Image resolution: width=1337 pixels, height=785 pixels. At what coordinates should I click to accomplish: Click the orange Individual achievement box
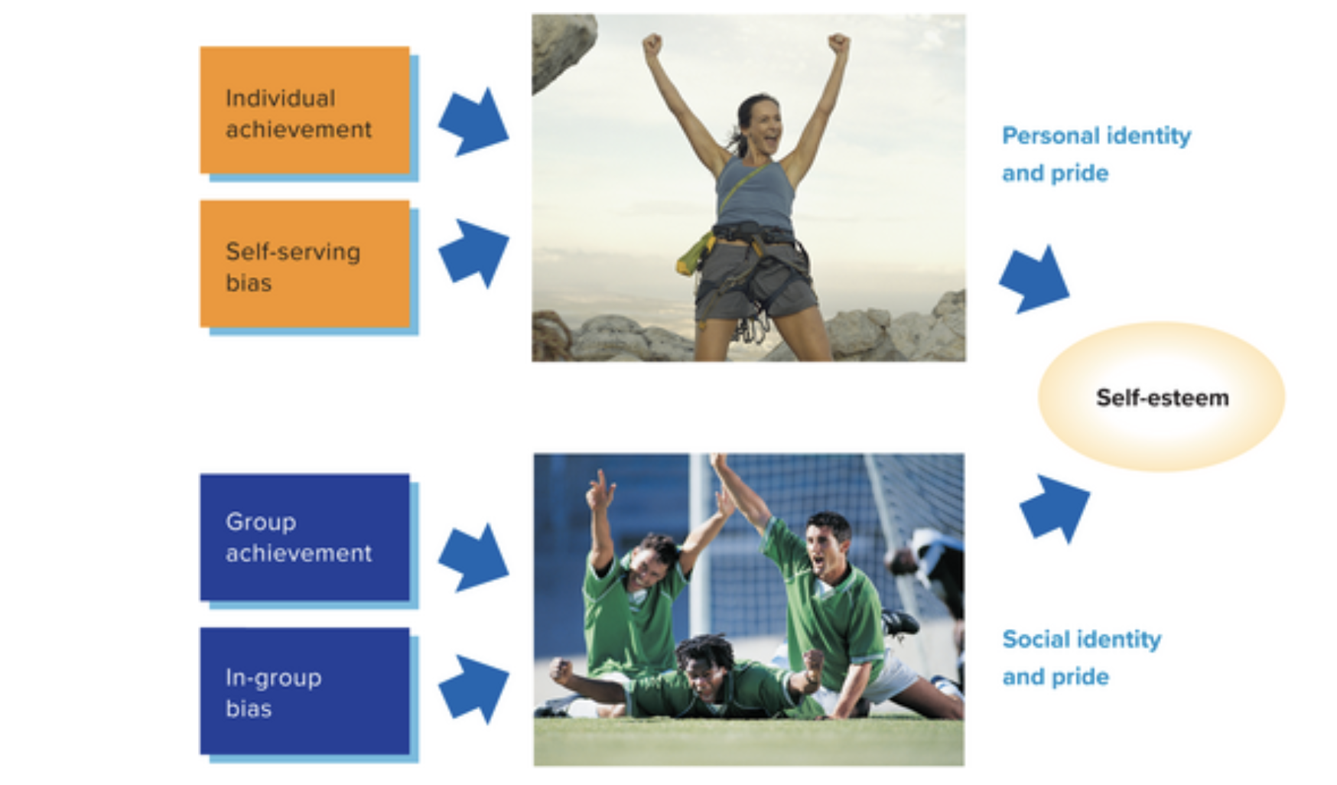point(304,110)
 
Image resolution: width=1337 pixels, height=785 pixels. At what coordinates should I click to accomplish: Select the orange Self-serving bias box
point(304,264)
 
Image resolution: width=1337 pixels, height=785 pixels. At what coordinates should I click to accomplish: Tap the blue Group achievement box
point(304,537)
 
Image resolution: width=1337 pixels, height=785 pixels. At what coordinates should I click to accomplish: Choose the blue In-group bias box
point(304,691)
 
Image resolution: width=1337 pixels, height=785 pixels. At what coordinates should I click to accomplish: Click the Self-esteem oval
point(1161,397)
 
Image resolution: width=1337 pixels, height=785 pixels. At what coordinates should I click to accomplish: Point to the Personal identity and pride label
point(1096,155)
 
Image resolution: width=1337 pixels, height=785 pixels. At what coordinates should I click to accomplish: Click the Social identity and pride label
point(1082,658)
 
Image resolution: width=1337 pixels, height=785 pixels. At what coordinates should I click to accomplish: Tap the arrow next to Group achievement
point(473,558)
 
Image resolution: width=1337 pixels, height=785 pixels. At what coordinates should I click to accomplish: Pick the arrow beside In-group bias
point(473,689)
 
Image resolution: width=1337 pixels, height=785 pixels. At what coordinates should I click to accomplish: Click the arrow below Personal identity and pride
point(1034,279)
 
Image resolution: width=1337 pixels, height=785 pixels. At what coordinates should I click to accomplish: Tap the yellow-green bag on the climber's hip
point(695,255)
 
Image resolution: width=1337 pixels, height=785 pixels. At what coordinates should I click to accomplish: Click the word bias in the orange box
point(249,283)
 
